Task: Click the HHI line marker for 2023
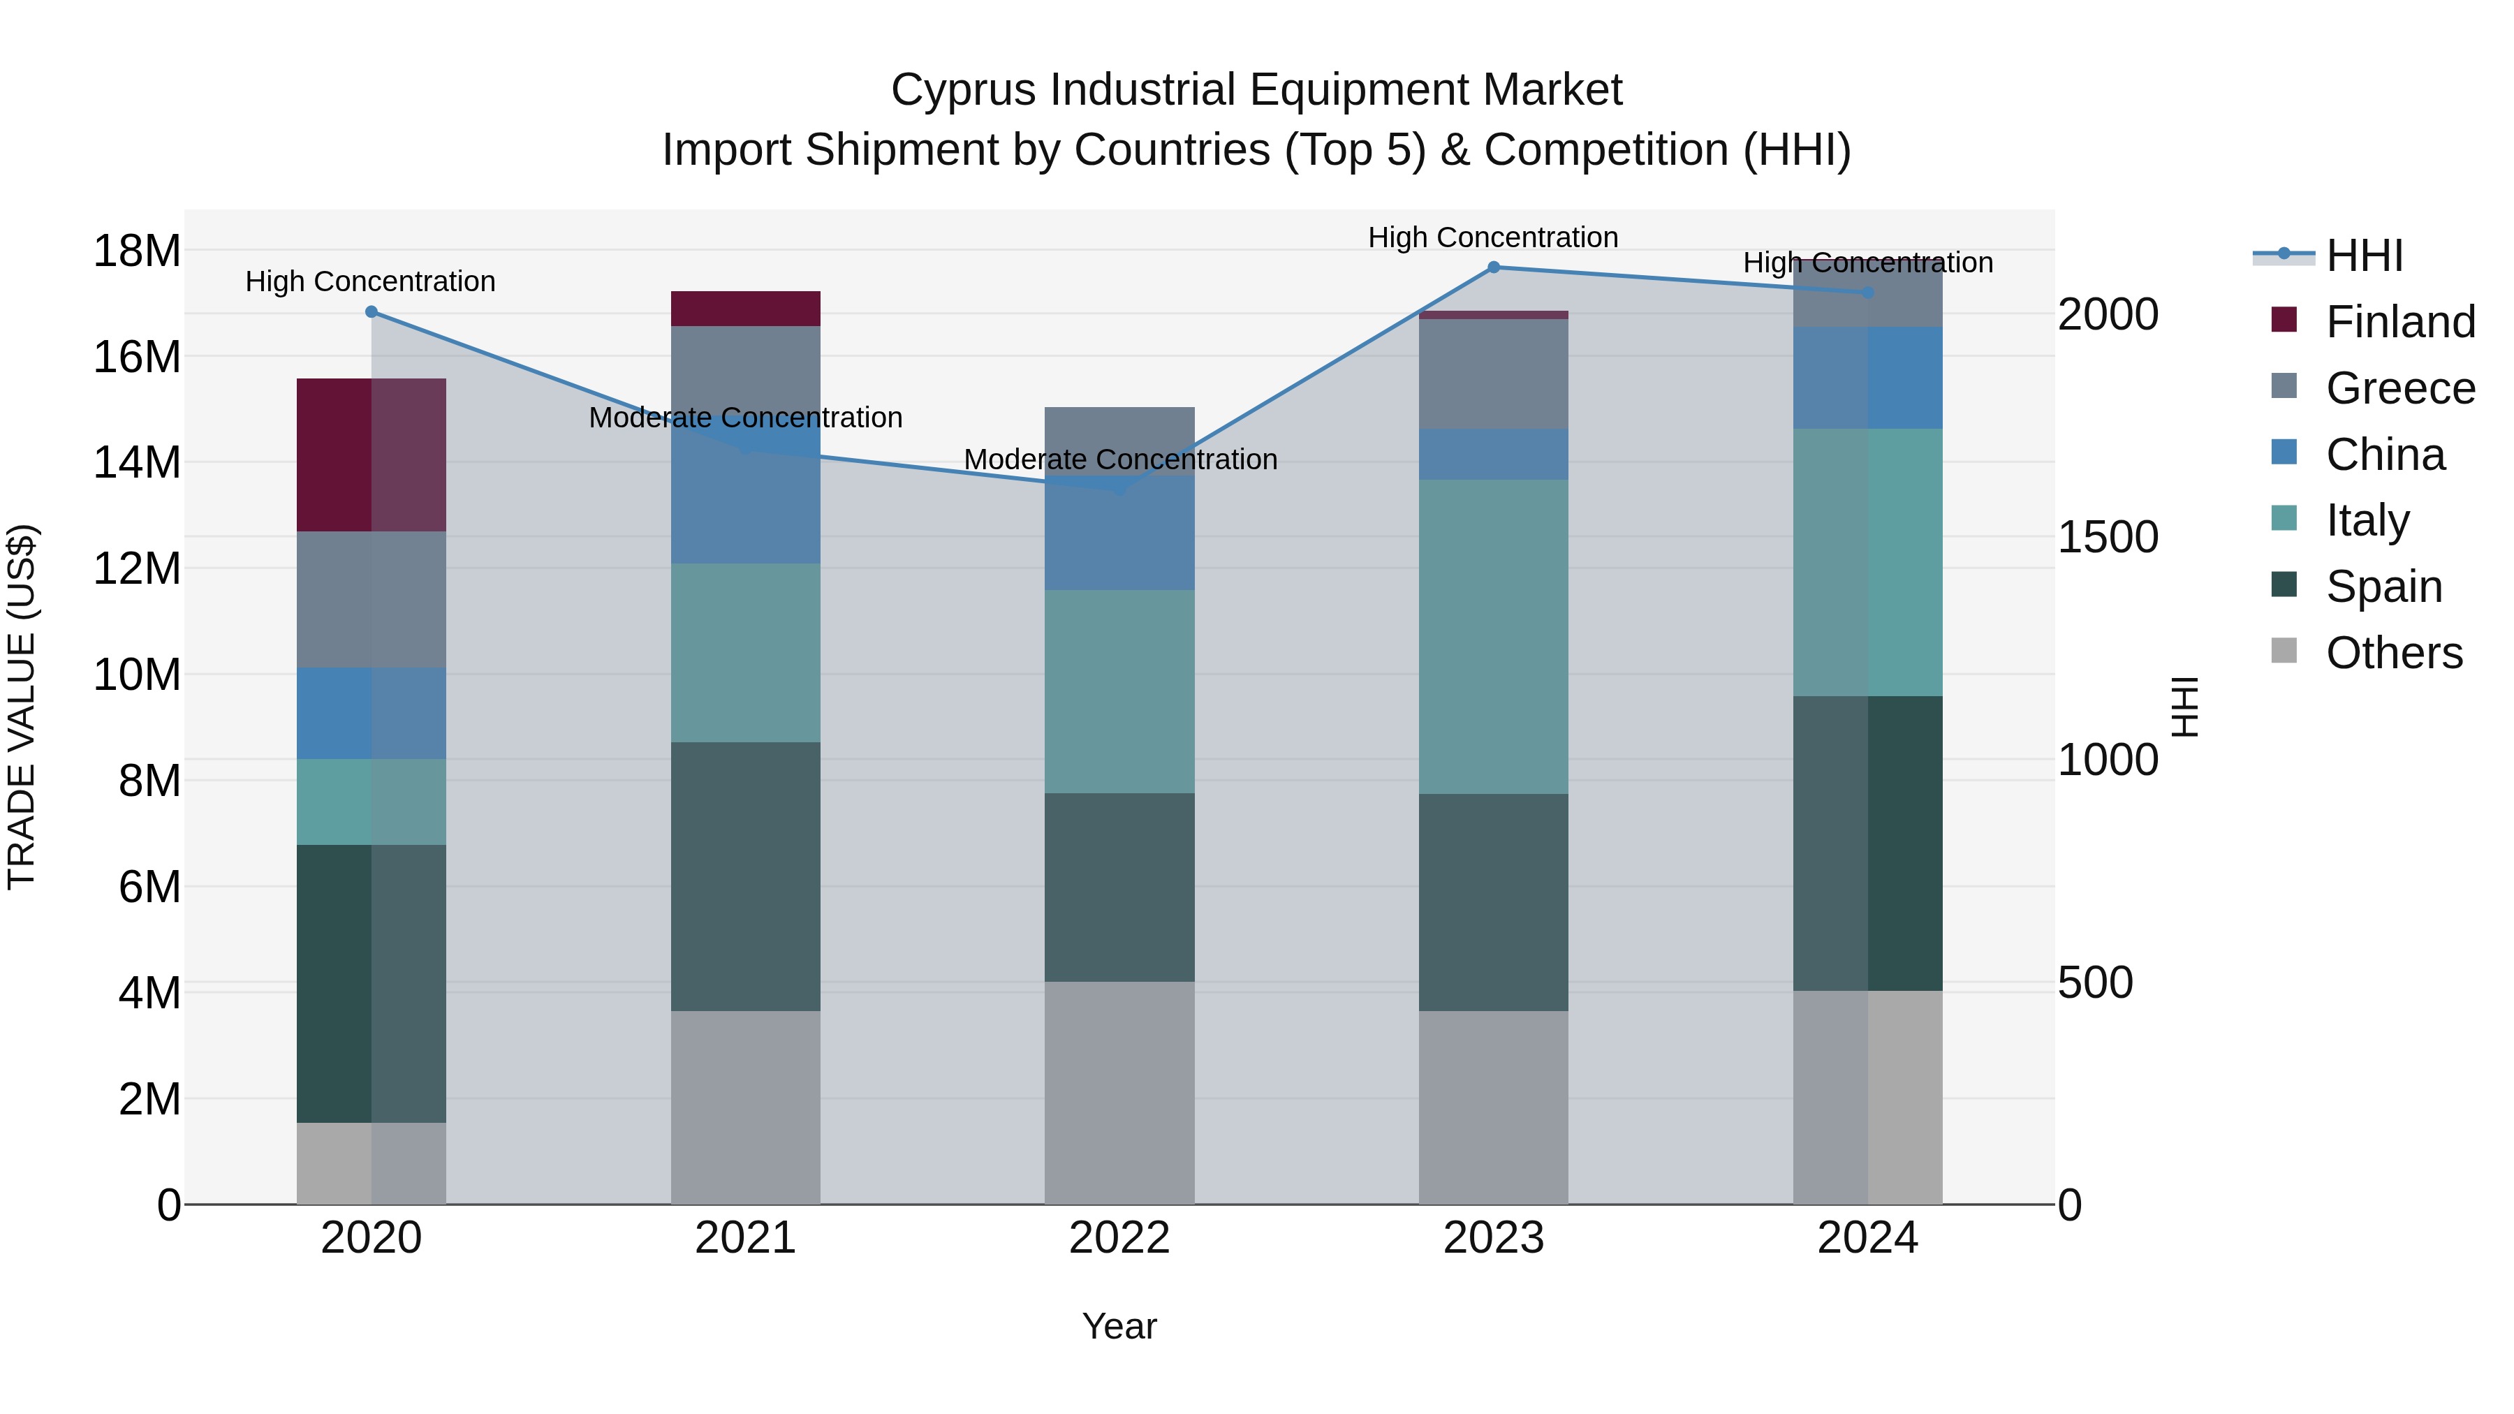[1493, 267]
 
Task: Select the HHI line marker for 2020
[371, 312]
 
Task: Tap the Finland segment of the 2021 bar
[746, 309]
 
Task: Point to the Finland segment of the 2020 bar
[371, 455]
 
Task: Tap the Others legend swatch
[2285, 650]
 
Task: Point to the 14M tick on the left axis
[137, 462]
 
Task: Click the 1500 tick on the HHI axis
[2108, 538]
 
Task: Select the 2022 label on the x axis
[1119, 1238]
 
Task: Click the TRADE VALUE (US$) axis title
[22, 707]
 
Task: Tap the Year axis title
[1119, 1326]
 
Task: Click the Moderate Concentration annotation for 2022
[1119, 459]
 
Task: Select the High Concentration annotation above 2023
[1493, 238]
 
